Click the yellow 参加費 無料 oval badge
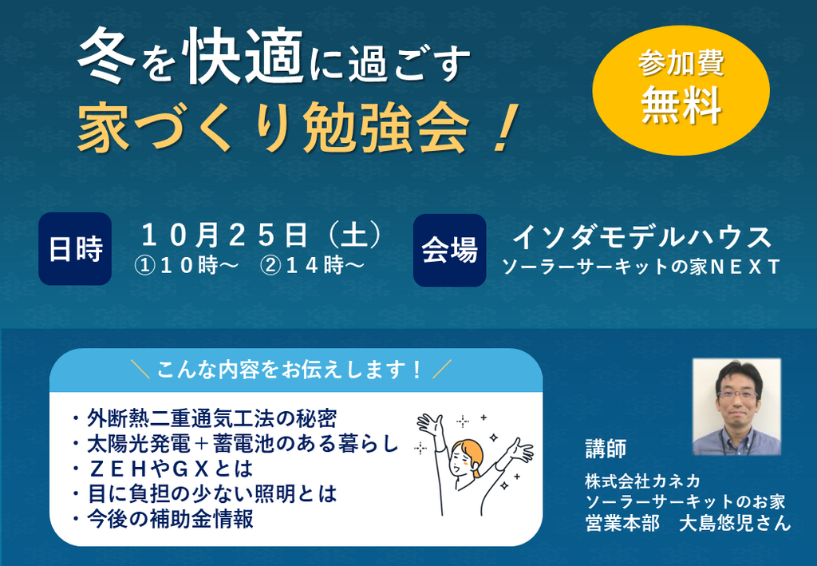(681, 90)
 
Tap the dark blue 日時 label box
(75, 248)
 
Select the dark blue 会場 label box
(450, 250)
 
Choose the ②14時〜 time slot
(312, 267)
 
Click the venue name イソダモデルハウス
(641, 237)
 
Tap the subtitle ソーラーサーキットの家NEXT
(641, 267)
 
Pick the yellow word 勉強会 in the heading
(386, 128)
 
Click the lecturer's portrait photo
(736, 406)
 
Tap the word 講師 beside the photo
(606, 449)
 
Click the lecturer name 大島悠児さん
(735, 523)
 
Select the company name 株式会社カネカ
(642, 481)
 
